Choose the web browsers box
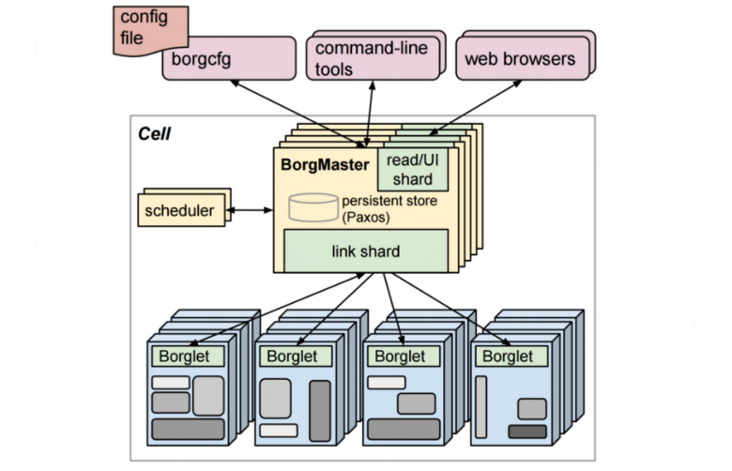[518, 60]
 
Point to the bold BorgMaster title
[325, 164]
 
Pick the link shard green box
[365, 251]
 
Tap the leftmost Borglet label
[187, 357]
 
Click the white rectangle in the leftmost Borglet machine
[171, 382]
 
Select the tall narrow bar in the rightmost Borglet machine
[481, 405]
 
